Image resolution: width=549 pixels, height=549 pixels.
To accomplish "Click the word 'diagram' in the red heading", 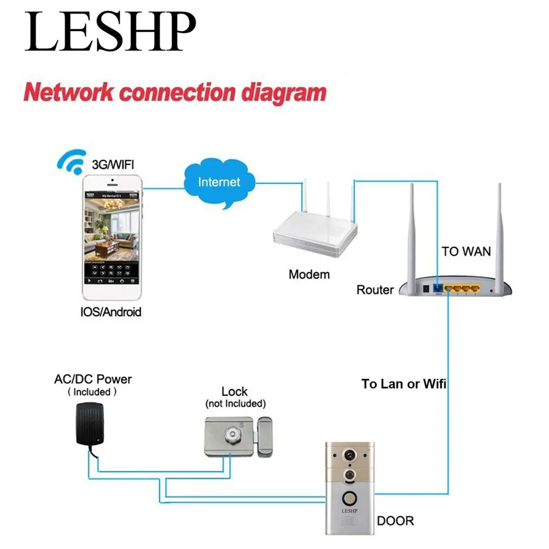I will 284,92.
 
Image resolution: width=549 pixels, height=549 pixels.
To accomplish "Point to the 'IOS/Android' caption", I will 110,312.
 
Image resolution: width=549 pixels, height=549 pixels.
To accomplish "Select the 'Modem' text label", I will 309,274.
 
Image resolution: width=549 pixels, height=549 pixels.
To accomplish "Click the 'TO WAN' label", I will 466,252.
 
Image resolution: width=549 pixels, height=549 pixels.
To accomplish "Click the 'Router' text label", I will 375,290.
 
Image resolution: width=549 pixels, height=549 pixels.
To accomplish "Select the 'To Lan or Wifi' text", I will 404,384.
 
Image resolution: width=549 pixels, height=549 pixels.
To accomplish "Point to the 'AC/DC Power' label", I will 92,379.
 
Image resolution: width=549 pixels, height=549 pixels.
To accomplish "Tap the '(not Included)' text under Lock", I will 235,404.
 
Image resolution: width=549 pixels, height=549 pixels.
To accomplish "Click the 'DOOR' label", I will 395,521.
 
